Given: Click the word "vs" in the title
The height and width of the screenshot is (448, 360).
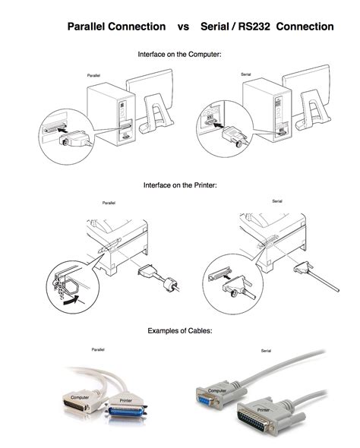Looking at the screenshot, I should (x=183, y=27).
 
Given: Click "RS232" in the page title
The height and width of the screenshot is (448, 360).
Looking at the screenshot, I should (x=251, y=27).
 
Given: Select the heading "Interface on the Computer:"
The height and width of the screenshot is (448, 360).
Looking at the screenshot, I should (x=179, y=55).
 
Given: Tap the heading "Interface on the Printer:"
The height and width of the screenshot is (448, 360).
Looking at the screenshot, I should (x=179, y=185).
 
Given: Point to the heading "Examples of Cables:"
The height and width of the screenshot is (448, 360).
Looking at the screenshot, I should (x=179, y=331).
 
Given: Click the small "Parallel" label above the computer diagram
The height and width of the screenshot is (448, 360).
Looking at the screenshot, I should (x=94, y=77).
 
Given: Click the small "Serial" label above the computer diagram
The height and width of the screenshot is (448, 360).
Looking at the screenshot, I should (x=246, y=74).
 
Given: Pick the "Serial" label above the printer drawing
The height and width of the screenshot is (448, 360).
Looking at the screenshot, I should (x=278, y=201).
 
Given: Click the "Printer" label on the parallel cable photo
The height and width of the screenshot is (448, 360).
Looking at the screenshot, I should (x=126, y=399).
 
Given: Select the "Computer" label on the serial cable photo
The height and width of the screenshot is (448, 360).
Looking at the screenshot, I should (x=217, y=390).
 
